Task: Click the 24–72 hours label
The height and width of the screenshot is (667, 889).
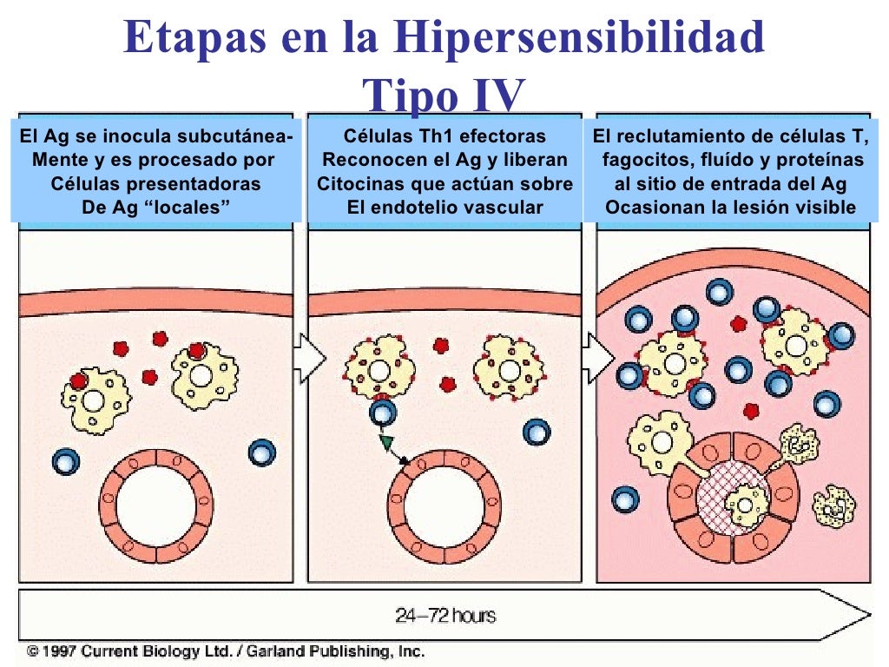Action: coord(445,616)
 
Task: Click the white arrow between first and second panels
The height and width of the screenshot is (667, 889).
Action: coord(309,357)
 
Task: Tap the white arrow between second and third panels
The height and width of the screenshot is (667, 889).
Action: coord(596,357)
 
